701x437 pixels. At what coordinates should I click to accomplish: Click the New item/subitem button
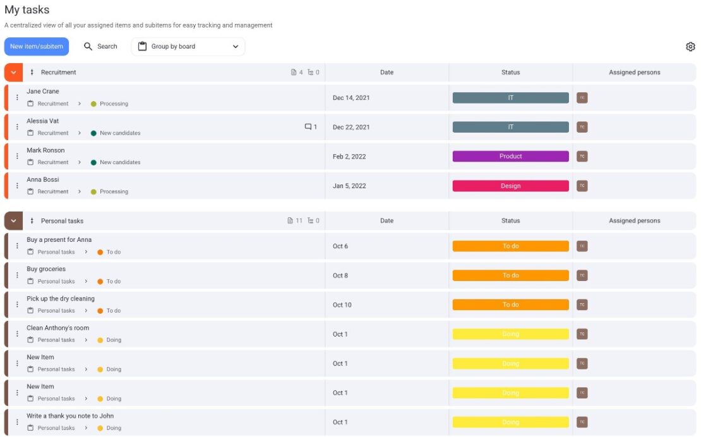pos(37,47)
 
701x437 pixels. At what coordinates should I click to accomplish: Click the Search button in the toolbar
pos(101,47)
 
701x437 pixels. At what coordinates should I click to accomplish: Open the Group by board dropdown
pos(188,47)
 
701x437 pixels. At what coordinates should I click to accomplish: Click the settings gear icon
pos(690,47)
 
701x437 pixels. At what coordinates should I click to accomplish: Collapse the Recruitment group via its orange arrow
pos(13,73)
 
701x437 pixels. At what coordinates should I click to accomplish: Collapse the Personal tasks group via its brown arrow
pos(13,221)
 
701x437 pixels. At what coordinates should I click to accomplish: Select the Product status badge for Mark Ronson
pos(510,157)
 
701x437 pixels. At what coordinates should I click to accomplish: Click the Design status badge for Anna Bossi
pos(510,186)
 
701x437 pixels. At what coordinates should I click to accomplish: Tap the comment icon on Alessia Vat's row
pos(308,127)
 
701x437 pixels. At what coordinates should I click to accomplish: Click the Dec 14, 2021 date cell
pos(351,98)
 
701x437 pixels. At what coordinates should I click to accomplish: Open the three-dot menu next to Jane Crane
pos(17,98)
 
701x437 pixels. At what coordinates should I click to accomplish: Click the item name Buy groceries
pos(46,269)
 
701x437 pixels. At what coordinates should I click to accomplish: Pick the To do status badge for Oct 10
pos(510,305)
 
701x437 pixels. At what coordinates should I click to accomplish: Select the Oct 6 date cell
pos(340,246)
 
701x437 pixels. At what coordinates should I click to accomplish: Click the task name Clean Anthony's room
pos(57,328)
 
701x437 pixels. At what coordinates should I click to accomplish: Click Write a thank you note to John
pos(70,416)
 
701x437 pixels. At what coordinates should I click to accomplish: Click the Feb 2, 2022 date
pos(349,157)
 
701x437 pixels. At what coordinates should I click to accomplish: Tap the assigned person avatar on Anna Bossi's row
pos(582,186)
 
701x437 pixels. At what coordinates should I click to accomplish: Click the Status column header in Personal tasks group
pos(510,221)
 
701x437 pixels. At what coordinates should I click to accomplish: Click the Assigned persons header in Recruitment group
pos(634,73)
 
